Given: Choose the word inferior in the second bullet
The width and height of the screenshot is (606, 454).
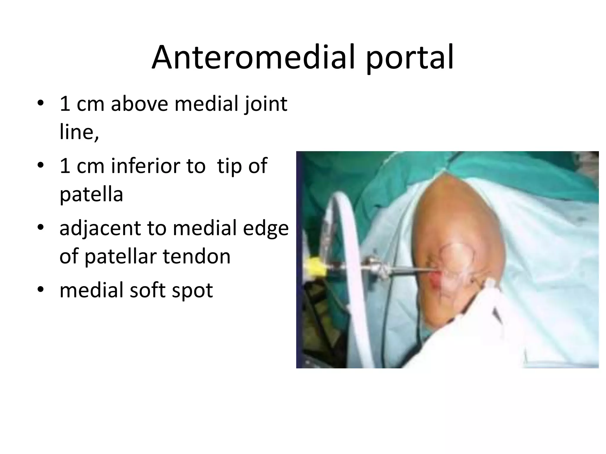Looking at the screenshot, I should click(158, 166).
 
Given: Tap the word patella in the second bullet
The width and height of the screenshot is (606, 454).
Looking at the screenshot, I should click(91, 194).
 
